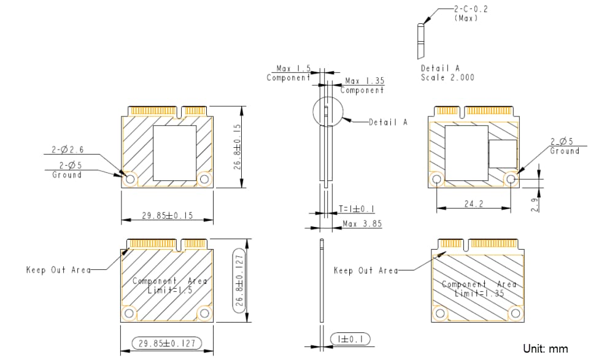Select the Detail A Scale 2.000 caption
click(447, 73)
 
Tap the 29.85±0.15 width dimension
click(168, 215)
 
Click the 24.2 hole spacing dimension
click(473, 204)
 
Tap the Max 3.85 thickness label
click(362, 223)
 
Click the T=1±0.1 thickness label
click(357, 209)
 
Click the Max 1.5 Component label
click(289, 73)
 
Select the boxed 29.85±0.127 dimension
click(168, 343)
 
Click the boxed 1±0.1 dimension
click(350, 339)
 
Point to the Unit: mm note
click(546, 348)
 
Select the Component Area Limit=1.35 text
click(479, 289)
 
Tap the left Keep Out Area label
click(58, 269)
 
